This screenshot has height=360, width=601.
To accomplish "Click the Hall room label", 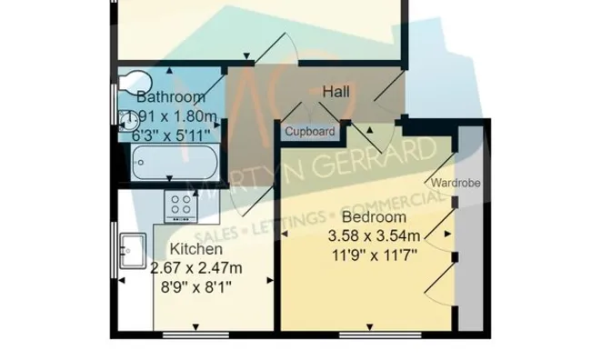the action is [x=336, y=92].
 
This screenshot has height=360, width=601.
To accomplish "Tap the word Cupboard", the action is [x=310, y=132].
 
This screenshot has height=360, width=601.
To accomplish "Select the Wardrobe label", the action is [x=456, y=183].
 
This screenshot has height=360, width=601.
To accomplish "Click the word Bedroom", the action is [x=374, y=217].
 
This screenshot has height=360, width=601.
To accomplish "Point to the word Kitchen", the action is [x=195, y=249].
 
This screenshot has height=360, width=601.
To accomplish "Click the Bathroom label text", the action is [x=171, y=97].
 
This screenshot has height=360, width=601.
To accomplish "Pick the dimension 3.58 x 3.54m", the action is [x=374, y=235].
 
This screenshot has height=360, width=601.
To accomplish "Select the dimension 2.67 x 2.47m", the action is [x=195, y=267].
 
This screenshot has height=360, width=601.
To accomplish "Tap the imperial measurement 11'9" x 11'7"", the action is [x=374, y=255].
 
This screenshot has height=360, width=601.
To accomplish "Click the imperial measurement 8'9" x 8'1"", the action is [x=195, y=286].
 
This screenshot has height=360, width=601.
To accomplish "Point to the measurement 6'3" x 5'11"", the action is [x=171, y=135].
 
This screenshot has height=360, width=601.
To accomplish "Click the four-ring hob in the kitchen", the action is [x=181, y=206].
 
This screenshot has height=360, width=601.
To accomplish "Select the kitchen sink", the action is [x=133, y=251].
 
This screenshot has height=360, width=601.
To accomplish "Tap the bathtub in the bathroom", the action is [x=175, y=163].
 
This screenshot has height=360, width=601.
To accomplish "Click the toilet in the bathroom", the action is [x=135, y=82].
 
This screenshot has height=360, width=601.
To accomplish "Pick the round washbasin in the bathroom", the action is [x=128, y=120].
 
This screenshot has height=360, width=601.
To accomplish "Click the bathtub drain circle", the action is [x=141, y=163].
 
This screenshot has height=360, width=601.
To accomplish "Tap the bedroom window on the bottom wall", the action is [x=380, y=335].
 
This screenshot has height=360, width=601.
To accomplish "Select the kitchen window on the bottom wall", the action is [x=195, y=335].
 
